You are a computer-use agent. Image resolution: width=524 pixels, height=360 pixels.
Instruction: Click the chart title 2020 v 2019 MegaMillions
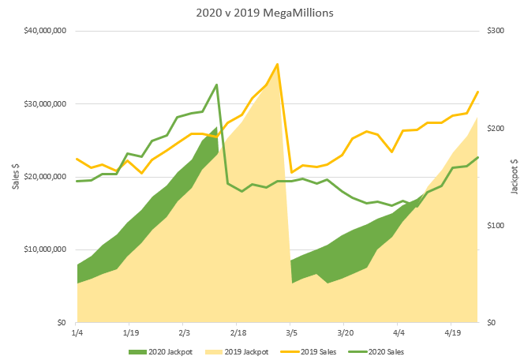[262, 13]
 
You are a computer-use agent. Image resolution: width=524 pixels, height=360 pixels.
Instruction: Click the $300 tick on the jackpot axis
[495, 31]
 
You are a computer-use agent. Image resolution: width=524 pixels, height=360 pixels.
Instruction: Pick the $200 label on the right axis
[495, 128]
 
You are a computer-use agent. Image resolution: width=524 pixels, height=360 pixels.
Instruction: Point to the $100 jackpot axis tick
[495, 225]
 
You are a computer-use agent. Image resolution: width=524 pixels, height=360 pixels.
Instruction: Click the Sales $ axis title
[13, 177]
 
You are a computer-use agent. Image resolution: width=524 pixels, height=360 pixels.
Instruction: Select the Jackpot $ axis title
[515, 177]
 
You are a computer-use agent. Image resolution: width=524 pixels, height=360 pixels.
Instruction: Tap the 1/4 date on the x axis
[77, 333]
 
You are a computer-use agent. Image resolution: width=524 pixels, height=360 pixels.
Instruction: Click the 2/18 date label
[238, 333]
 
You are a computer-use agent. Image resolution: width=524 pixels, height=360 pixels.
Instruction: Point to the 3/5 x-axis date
[291, 333]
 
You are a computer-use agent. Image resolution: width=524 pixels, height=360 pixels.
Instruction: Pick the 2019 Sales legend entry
[313, 351]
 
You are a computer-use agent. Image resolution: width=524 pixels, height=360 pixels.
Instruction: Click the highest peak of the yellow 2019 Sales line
[277, 64]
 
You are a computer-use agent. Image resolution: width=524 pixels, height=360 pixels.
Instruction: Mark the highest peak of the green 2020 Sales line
[216, 84]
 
